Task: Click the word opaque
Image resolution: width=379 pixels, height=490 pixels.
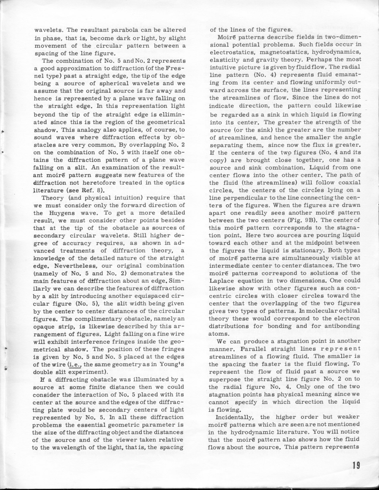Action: click(x=43, y=326)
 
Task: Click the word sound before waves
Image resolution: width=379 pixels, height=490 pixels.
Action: click(x=42, y=137)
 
